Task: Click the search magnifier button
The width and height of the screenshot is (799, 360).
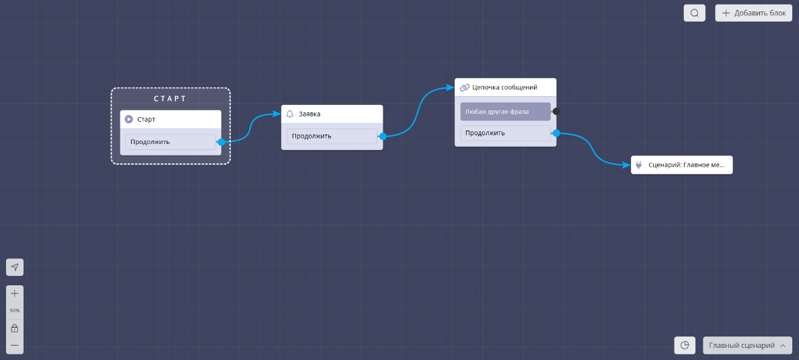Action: pyautogui.click(x=695, y=13)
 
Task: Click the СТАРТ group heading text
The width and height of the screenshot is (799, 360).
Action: pyautogui.click(x=170, y=99)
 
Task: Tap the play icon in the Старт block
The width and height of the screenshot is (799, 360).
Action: pyautogui.click(x=129, y=119)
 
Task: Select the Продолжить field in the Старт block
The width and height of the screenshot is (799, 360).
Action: pyautogui.click(x=170, y=142)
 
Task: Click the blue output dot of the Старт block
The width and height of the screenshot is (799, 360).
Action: pyautogui.click(x=221, y=142)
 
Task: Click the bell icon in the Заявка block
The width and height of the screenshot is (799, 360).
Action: pyautogui.click(x=290, y=114)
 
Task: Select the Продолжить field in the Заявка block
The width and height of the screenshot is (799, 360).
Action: pyautogui.click(x=332, y=136)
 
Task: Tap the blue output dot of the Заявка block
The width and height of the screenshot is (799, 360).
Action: pyautogui.click(x=383, y=136)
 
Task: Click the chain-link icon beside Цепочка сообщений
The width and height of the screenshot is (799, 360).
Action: pyautogui.click(x=465, y=87)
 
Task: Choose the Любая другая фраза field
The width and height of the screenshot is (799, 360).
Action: pyautogui.click(x=505, y=111)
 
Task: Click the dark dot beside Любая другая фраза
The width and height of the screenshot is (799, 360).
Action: pyautogui.click(x=556, y=111)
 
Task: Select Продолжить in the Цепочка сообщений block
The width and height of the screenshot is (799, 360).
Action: pyautogui.click(x=505, y=133)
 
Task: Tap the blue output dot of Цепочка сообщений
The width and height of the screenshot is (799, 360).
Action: pyautogui.click(x=556, y=133)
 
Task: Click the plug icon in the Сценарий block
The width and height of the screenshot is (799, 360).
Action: pyautogui.click(x=639, y=165)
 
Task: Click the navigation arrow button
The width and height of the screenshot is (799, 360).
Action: pyautogui.click(x=15, y=267)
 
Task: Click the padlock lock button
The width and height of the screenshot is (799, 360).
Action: pyautogui.click(x=15, y=328)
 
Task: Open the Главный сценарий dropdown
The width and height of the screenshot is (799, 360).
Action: pyautogui.click(x=747, y=345)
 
